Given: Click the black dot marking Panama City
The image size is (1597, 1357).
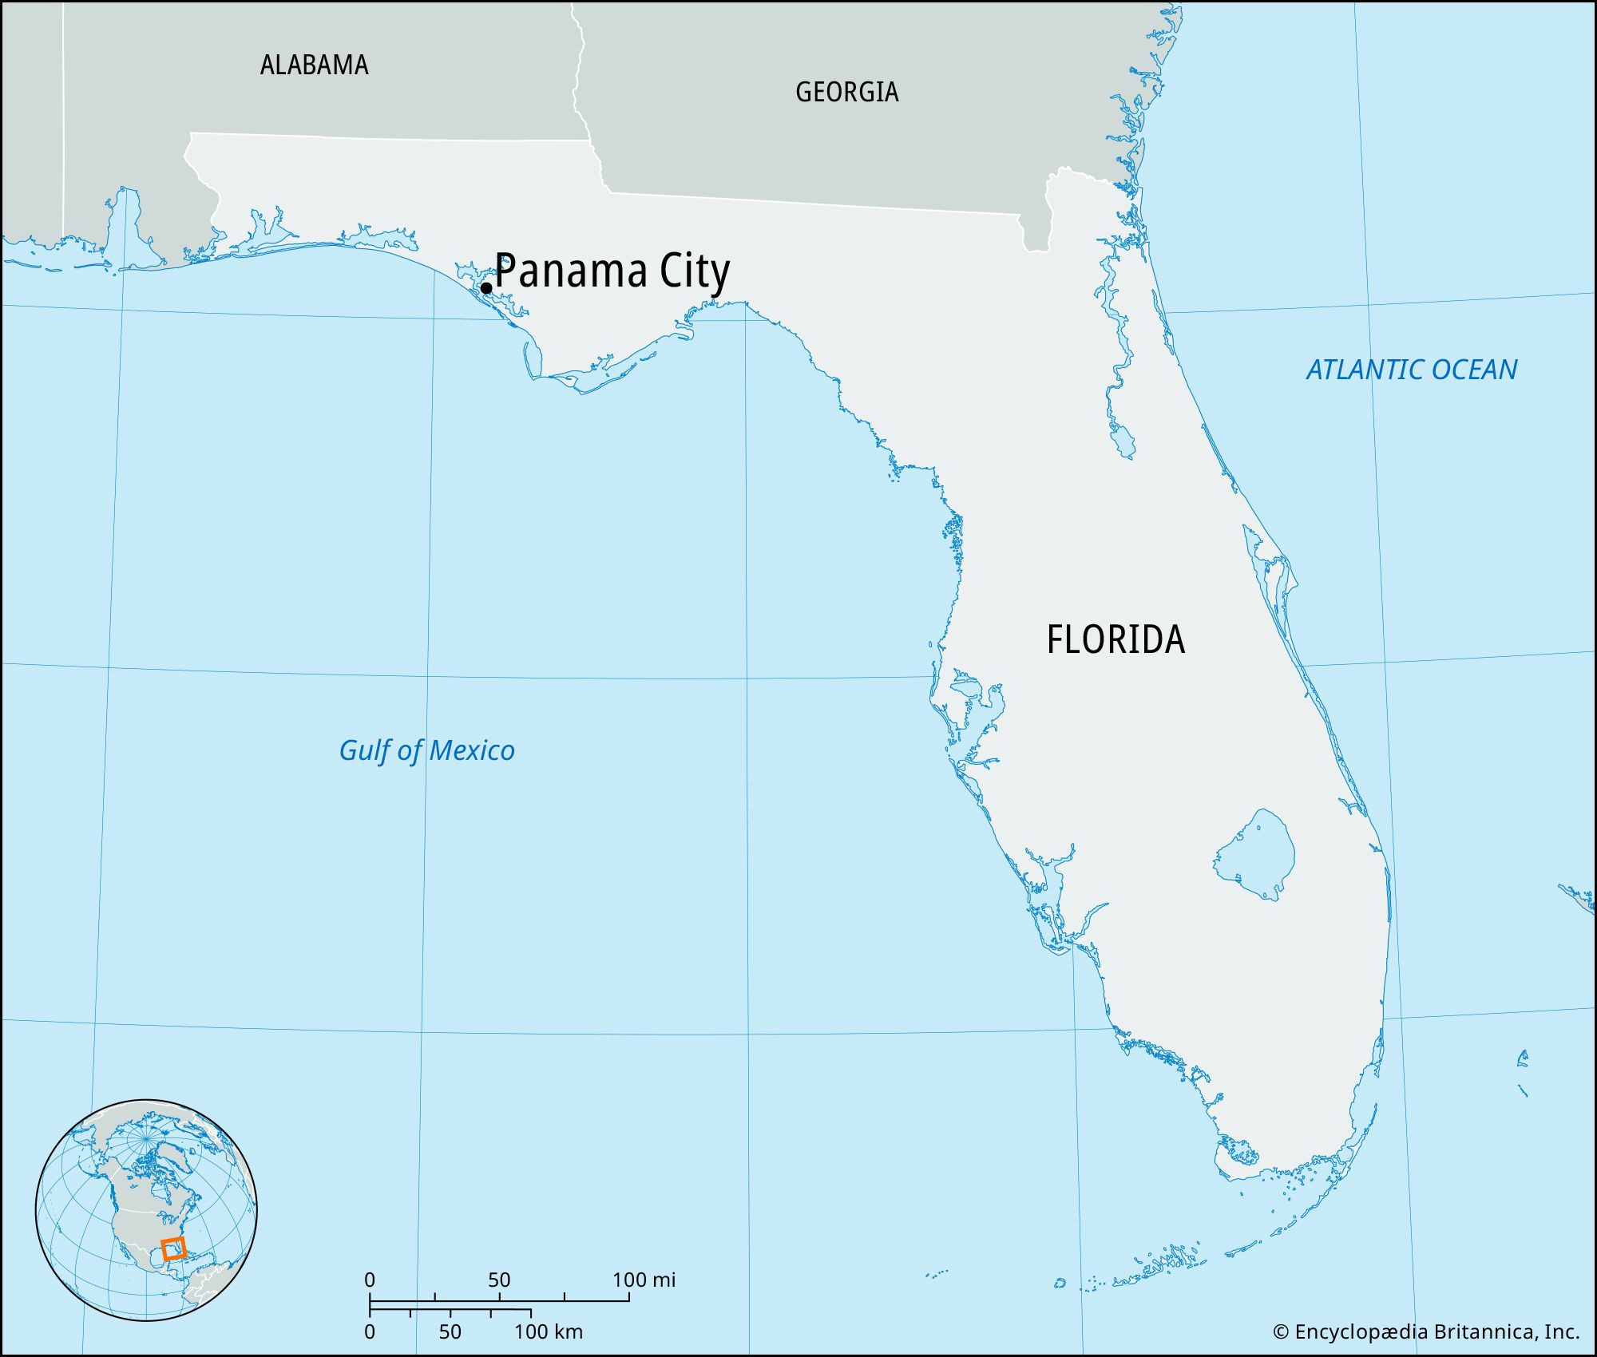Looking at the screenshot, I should point(485,288).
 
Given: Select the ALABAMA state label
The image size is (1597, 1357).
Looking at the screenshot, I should point(314,65).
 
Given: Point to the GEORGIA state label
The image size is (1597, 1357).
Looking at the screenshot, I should point(846,92).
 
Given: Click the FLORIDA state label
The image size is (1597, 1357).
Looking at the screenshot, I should point(1116,639).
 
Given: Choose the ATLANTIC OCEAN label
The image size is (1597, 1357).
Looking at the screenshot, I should point(1411,370).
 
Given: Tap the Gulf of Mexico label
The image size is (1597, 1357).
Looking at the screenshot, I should point(426,750).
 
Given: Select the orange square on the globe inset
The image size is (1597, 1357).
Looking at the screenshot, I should point(173,1248).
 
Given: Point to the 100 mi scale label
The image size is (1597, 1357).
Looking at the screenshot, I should point(644,1280).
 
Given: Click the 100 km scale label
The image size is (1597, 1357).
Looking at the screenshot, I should point(548,1331).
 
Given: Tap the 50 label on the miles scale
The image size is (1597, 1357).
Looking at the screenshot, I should point(499,1280).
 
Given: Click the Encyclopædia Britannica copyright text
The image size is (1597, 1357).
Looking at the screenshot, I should point(1425,1331).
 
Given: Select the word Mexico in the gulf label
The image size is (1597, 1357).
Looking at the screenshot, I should point(472,750).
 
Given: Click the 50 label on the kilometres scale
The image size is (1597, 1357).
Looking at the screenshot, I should point(450,1331).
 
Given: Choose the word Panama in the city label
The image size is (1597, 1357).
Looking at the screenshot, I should point(570,271).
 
